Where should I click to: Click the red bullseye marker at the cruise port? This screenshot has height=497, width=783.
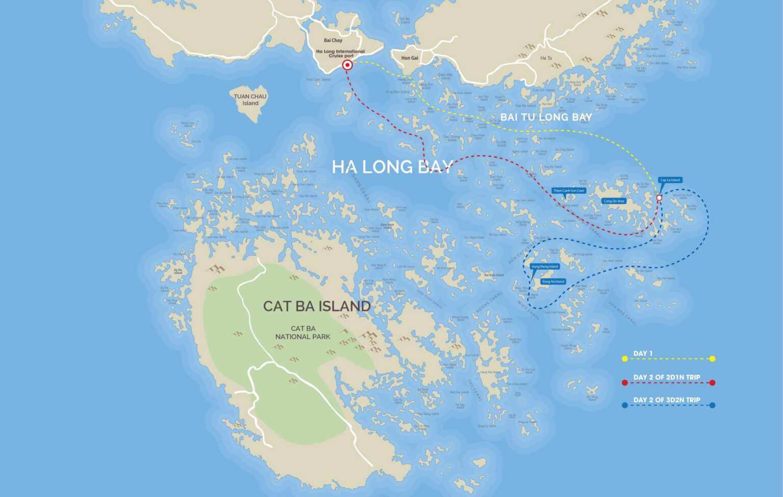(x=347, y=65)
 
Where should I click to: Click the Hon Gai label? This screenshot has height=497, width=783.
(x=409, y=58)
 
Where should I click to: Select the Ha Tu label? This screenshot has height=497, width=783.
(x=546, y=58)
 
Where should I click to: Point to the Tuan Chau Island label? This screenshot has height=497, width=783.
(x=250, y=99)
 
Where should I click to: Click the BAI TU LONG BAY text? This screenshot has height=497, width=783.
(x=546, y=117)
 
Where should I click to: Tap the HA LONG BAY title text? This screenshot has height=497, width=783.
(x=393, y=167)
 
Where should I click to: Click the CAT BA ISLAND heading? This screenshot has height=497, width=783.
(x=317, y=306)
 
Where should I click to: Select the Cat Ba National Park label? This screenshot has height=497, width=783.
(x=303, y=333)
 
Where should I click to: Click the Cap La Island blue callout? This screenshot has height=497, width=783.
(x=670, y=180)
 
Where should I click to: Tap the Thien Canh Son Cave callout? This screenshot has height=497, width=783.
(x=568, y=190)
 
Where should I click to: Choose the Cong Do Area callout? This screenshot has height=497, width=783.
(x=614, y=201)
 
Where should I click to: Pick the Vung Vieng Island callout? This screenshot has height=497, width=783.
(x=544, y=266)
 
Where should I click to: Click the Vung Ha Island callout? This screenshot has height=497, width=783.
(x=553, y=282)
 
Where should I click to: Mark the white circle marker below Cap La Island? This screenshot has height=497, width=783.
(x=659, y=198)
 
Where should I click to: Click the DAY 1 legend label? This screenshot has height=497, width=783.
(x=643, y=353)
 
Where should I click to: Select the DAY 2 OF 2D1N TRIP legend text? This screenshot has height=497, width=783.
(x=667, y=377)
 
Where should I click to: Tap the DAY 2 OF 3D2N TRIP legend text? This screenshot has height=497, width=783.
(x=667, y=400)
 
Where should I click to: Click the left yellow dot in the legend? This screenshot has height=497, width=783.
(x=624, y=359)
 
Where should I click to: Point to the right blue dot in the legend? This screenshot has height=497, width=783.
(x=712, y=405)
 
